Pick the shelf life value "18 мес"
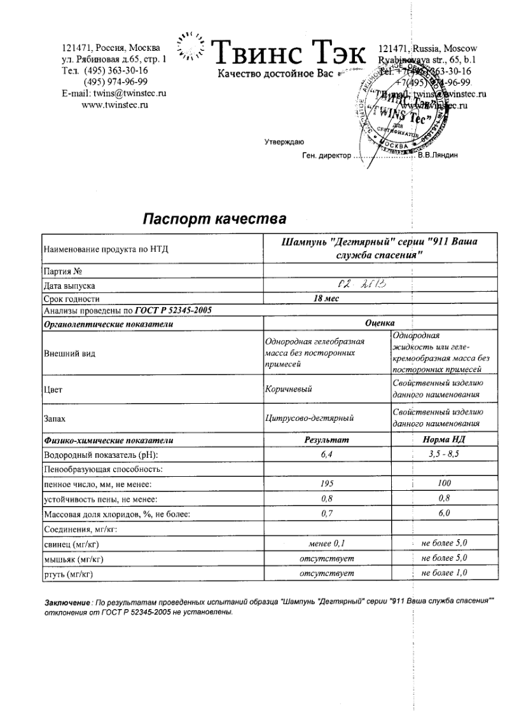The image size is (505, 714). tap(326, 298)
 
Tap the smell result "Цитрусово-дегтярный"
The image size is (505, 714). tap(309, 418)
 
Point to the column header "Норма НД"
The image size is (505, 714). tap(445, 440)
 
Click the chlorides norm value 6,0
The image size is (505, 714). tap(445, 513)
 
